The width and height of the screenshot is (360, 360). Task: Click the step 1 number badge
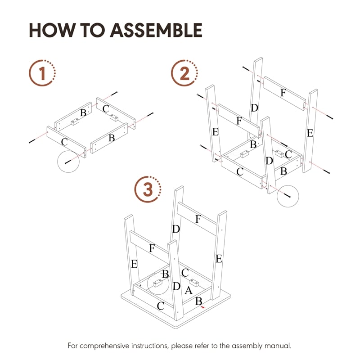(x=42, y=72)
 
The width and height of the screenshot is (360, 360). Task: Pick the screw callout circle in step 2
(x=288, y=195)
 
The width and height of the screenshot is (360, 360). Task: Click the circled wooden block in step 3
(x=157, y=283)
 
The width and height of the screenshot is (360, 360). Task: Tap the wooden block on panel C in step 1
(x=114, y=118)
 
